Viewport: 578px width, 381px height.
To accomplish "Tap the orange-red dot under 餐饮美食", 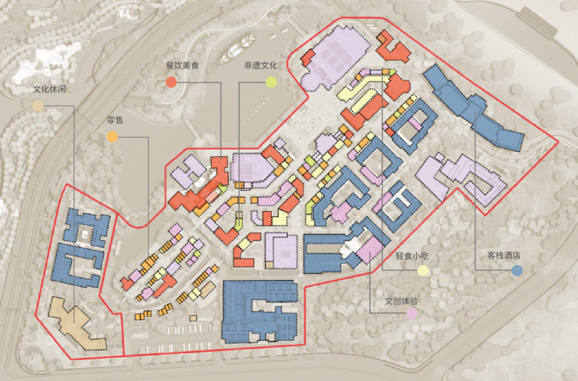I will tap(171, 82).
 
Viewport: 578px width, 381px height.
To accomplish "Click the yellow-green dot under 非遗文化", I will tap(272, 82).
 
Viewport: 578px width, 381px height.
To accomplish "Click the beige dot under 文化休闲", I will tap(37, 105).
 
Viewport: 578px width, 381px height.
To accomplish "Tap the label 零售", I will tap(115, 120).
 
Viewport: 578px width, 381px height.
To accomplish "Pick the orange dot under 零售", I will tap(112, 137).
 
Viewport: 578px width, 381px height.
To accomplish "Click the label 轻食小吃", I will tap(413, 256).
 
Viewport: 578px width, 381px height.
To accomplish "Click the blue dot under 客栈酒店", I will tap(516, 271).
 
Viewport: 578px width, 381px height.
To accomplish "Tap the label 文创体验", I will tap(401, 301).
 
